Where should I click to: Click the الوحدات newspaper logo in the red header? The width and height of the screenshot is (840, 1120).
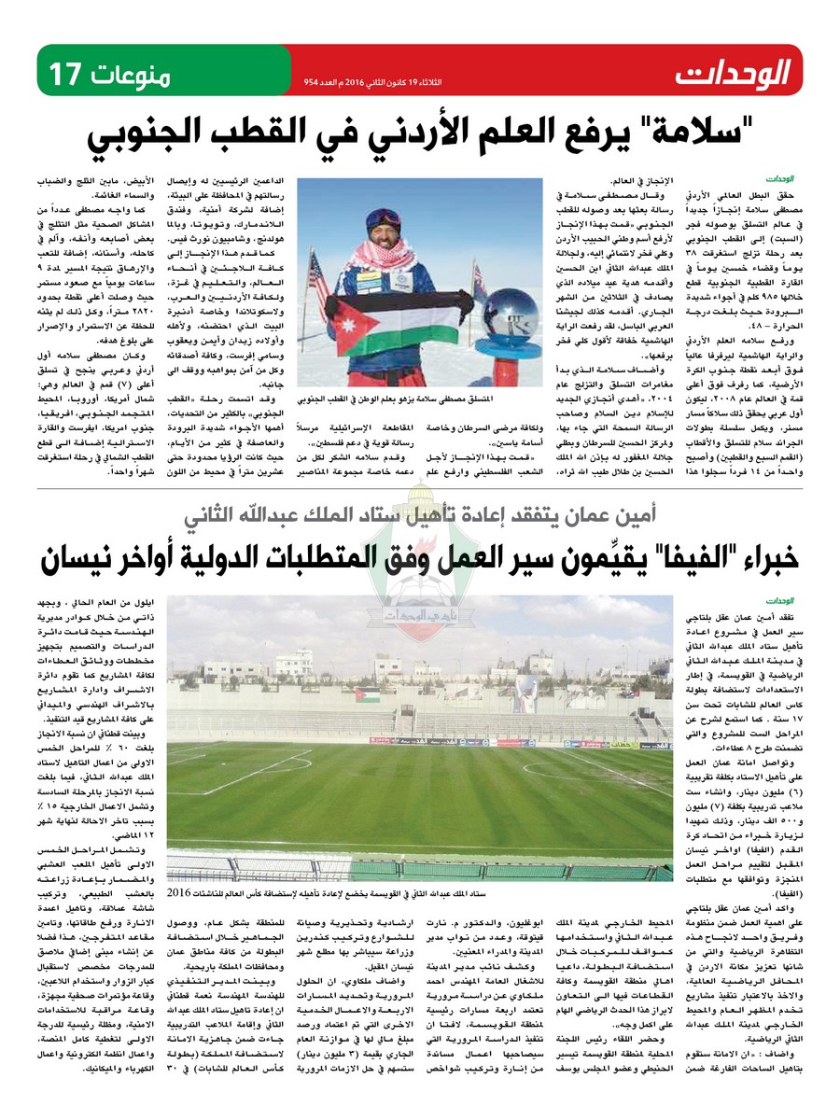click(x=734, y=71)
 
